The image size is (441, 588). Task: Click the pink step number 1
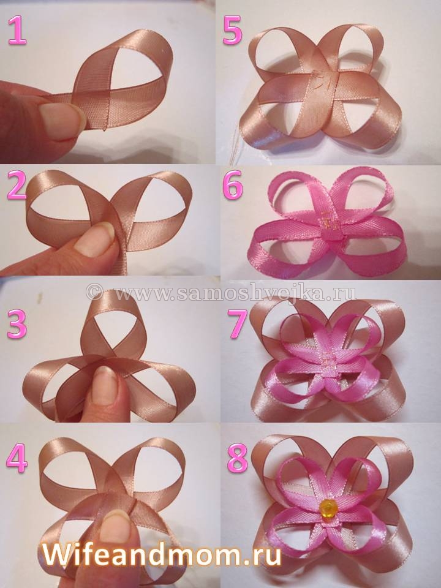coord(17,30)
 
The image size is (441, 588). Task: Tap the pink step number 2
coord(17,184)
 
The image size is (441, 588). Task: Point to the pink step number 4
coord(17,458)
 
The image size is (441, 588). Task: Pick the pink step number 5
coord(233,31)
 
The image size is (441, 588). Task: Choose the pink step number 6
coord(233,185)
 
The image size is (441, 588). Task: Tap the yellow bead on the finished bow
coord(328,508)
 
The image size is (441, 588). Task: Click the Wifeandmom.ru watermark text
coord(162,554)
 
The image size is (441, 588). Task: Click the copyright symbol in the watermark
coord(94,292)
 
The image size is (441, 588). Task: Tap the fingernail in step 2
coord(94,239)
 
